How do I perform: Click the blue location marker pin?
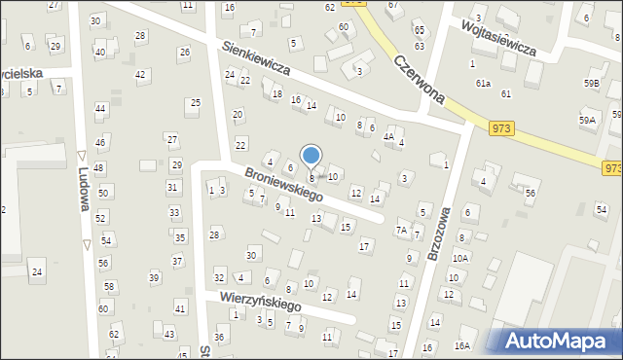pos(311,156)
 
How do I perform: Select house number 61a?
pos(483,84)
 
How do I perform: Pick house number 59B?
pos(591,84)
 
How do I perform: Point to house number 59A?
pos(587,120)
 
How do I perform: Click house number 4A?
pos(387,137)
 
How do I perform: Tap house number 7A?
pos(401,231)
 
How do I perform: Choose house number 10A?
pos(459,258)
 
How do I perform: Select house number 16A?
pos(461,345)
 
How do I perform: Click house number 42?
pos(140,74)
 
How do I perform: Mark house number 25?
pos(195,102)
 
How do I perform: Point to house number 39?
pos(153,278)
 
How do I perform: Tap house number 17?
pos(364,245)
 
